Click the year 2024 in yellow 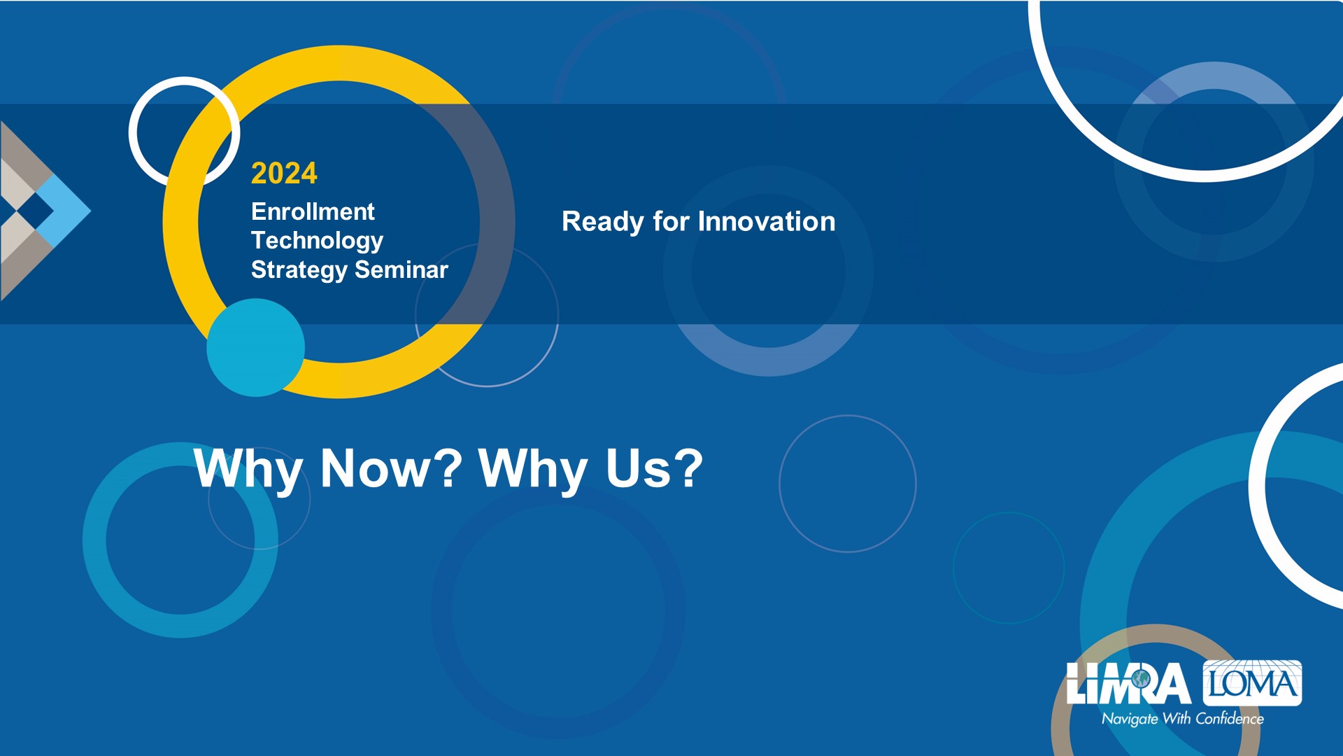tap(284, 173)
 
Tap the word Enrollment tap(313, 211)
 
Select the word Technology tap(317, 241)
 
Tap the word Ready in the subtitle tap(603, 223)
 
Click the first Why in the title tap(248, 469)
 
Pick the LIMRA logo tap(1128, 683)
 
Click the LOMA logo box tap(1252, 682)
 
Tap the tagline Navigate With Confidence tap(1183, 719)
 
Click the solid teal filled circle tap(256, 348)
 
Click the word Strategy tap(299, 271)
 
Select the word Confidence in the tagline tap(1230, 718)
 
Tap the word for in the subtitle tap(671, 221)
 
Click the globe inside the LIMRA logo tap(1142, 678)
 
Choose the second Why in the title tap(533, 469)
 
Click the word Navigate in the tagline tap(1130, 720)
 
